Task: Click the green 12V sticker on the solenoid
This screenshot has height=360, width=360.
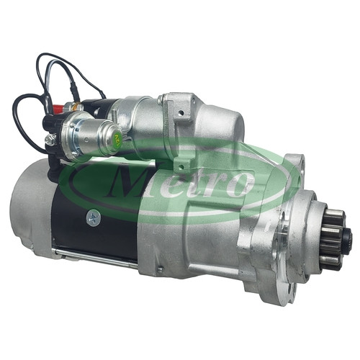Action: (117, 140)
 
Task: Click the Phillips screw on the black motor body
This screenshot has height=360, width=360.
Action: (94, 217)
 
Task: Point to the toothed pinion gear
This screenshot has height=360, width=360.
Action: (332, 238)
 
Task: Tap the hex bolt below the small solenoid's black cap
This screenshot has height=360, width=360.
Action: (50, 139)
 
